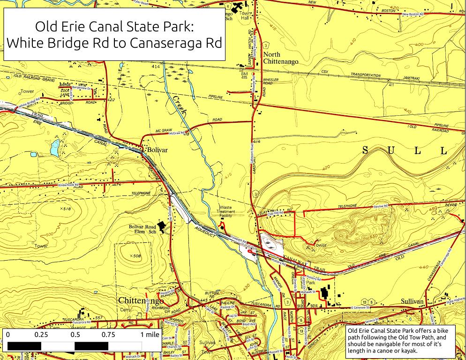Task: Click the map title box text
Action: tap(114, 34)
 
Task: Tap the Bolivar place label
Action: tap(157, 150)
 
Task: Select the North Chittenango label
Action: tap(280, 58)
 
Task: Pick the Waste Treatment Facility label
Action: tap(226, 211)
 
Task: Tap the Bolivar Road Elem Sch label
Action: tap(142, 229)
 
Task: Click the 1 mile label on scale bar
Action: tap(149, 335)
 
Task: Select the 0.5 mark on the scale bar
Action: tap(75, 335)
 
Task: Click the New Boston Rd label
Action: tap(413, 15)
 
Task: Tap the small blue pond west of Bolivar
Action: tap(55, 148)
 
